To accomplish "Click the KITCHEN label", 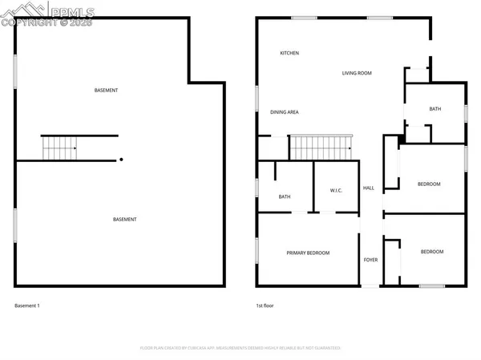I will [x=289, y=53].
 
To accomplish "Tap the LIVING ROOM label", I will [x=357, y=73].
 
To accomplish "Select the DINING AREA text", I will [x=285, y=112].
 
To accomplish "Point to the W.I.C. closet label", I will [x=337, y=190].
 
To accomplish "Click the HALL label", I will [x=369, y=188].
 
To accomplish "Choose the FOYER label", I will [x=370, y=260].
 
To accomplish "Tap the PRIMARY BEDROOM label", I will [x=308, y=253].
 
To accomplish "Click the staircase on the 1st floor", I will [x=320, y=147].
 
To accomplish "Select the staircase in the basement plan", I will [x=59, y=148].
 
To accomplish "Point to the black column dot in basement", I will [x=121, y=160].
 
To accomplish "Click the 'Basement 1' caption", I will [x=27, y=305].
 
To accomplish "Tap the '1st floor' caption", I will [x=265, y=305].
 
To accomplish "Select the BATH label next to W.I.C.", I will [x=285, y=196].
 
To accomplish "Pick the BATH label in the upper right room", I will [x=435, y=109].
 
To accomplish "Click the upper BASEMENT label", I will [x=106, y=90].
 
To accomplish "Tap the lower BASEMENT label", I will [x=124, y=220].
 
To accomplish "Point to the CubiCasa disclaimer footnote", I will [x=240, y=348].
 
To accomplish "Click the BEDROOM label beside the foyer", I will [x=432, y=252].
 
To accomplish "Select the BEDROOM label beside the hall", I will [x=429, y=184].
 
